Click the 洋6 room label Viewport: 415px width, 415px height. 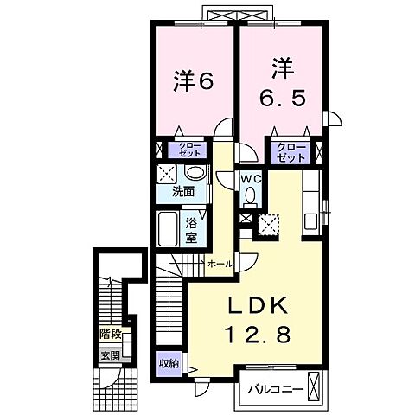coord(194,81)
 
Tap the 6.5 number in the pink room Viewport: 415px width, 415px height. coord(282,99)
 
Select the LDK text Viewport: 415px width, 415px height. coord(259,306)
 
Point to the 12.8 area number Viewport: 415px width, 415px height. coord(259,335)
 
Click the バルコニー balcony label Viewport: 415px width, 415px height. coord(276,390)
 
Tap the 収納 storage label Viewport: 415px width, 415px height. coord(169,364)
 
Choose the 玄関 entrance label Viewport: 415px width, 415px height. coord(110,356)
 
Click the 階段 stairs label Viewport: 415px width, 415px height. coord(110,335)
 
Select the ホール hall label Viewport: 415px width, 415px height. coord(220,264)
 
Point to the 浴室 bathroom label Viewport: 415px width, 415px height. coord(191,230)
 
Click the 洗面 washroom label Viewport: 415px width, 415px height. coord(183,192)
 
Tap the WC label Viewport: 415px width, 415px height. coord(252,179)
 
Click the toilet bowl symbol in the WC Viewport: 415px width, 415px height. coord(250,195)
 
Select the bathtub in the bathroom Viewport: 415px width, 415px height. coord(168,229)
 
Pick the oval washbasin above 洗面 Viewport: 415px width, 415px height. coord(195,173)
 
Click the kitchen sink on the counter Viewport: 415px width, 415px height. coord(310,222)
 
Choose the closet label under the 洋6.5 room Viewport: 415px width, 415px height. coord(290,153)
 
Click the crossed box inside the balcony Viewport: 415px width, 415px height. coord(314,385)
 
